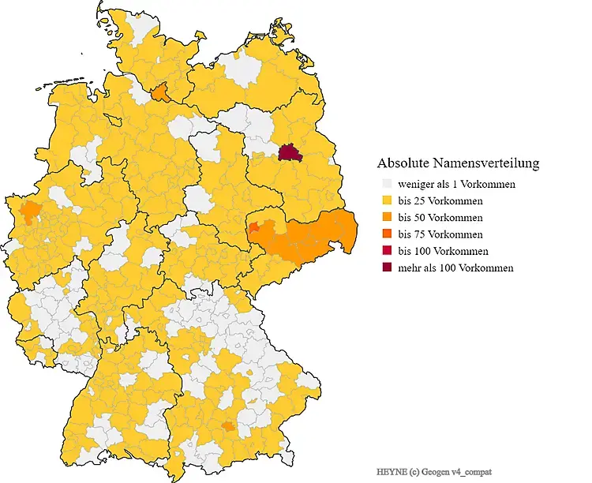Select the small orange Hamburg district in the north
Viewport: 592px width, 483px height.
[160, 93]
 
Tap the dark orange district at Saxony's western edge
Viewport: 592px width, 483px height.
[255, 229]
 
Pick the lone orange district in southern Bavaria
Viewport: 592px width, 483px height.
[228, 426]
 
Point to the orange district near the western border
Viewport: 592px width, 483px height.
[31, 212]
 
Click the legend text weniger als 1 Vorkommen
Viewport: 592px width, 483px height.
[456, 185]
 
